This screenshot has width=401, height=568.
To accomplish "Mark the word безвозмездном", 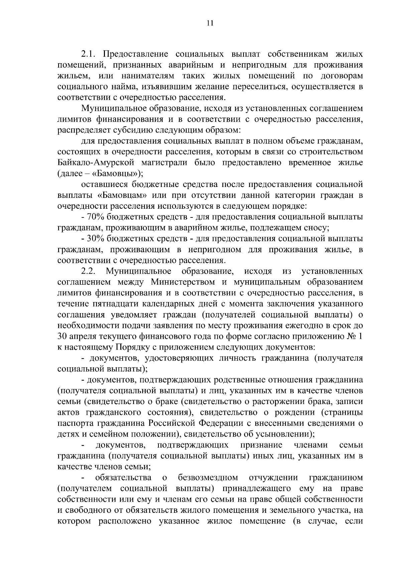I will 208,477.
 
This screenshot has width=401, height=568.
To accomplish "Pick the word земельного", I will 307,510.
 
